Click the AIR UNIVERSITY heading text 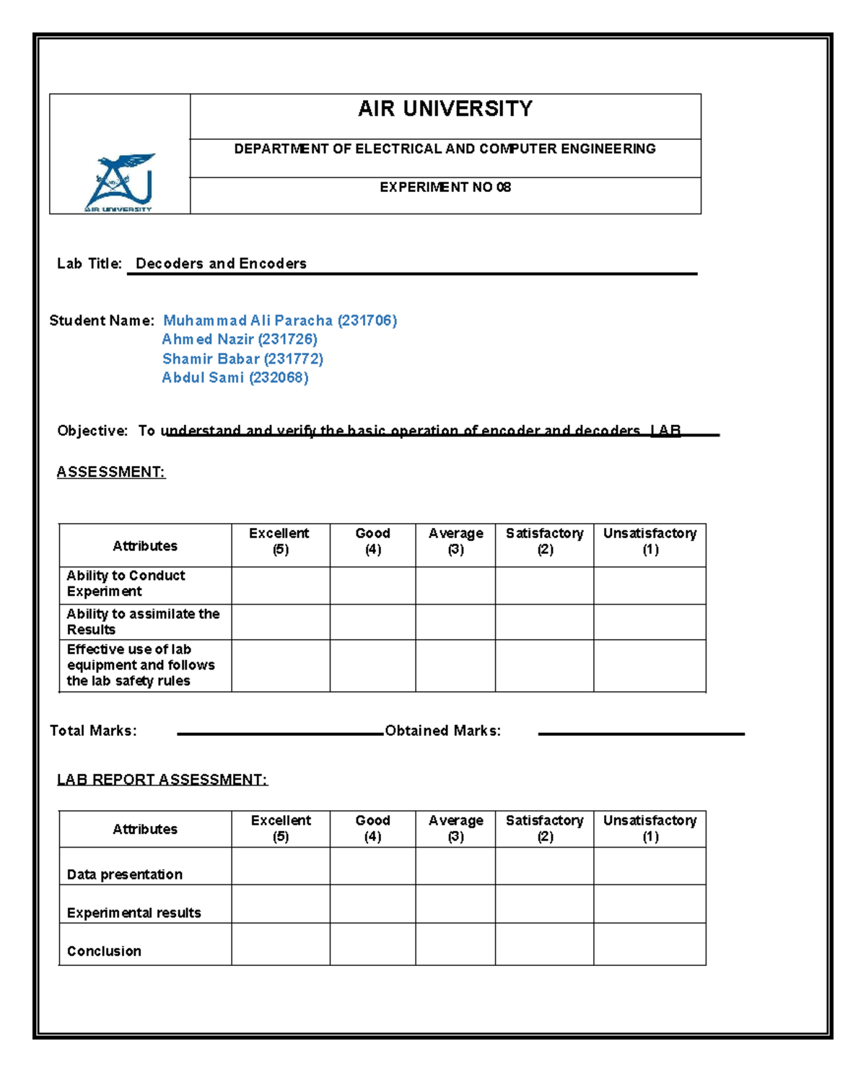click(445, 109)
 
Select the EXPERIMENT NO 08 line click(445, 188)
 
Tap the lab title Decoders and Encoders click(221, 264)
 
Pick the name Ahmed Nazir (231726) click(240, 339)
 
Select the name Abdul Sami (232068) click(235, 377)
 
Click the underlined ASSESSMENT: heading click(111, 472)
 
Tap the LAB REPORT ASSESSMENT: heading click(162, 780)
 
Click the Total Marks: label click(93, 731)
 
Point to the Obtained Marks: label click(442, 731)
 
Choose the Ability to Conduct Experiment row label click(126, 584)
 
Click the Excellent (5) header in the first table click(279, 541)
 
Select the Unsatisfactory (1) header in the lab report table click(649, 828)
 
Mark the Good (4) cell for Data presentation click(372, 866)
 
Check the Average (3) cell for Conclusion click(455, 944)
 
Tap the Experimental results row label click(134, 913)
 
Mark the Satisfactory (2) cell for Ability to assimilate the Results click(544, 622)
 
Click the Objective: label click(92, 431)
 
